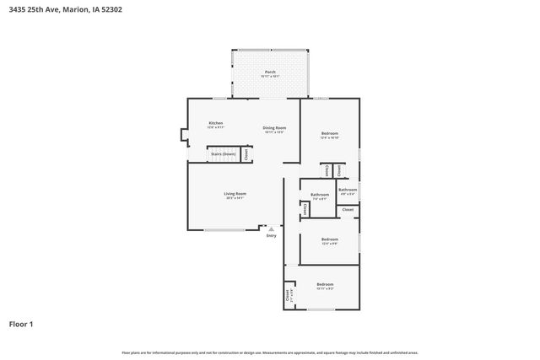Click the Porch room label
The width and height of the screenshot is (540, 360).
click(270, 73)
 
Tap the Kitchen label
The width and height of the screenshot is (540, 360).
click(216, 124)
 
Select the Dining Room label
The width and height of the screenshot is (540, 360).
click(274, 128)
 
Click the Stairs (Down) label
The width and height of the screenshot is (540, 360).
click(224, 155)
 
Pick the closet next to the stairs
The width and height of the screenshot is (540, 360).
click(246, 154)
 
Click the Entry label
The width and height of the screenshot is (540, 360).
click(271, 235)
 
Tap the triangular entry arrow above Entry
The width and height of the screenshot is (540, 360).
click(271, 228)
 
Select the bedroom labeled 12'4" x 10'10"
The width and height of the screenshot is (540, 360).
click(330, 135)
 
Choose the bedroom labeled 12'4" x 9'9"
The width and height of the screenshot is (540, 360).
click(330, 240)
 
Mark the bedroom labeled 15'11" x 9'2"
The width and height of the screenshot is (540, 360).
click(325, 286)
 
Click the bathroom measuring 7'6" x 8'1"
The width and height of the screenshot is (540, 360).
click(320, 196)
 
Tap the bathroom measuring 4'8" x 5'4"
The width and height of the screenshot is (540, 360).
click(348, 191)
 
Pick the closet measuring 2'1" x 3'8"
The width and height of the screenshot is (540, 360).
click(288, 295)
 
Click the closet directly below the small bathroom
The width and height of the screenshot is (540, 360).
click(348, 208)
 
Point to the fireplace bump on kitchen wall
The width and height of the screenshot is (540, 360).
click(183, 134)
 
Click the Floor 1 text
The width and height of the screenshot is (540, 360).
click(22, 323)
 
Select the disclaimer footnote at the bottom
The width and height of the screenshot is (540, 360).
click(270, 352)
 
